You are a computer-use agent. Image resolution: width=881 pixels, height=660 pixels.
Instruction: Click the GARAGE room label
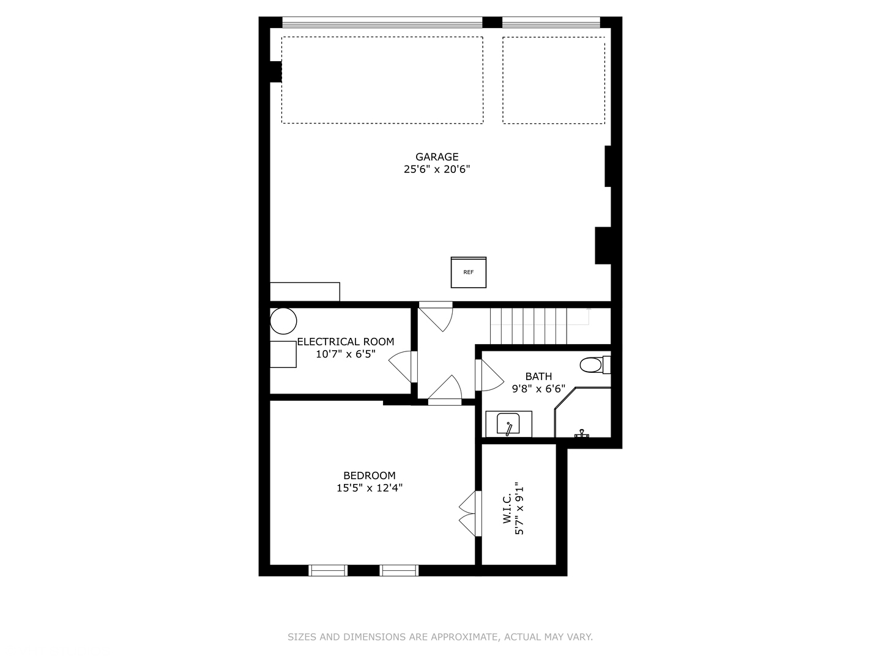click(437, 157)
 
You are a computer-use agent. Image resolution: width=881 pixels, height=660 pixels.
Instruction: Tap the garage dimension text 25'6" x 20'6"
click(437, 169)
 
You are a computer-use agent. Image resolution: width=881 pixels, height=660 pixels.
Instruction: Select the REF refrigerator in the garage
click(469, 272)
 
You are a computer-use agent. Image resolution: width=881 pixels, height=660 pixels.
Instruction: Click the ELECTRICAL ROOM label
click(346, 342)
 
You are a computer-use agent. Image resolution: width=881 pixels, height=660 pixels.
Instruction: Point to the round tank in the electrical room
click(283, 321)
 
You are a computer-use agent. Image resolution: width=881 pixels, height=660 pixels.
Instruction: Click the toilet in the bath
click(592, 365)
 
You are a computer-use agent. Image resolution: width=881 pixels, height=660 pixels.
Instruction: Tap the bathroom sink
click(508, 424)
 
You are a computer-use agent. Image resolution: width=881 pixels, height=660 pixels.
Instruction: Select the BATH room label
click(538, 376)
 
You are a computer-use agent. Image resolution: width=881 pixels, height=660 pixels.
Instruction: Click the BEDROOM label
click(369, 475)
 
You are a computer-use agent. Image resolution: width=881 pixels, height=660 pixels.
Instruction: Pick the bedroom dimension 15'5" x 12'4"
click(369, 488)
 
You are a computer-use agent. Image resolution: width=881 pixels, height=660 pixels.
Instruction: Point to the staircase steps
click(529, 326)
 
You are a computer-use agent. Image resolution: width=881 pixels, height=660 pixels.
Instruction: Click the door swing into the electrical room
click(401, 367)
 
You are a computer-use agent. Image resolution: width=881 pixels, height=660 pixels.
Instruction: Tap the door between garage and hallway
click(436, 317)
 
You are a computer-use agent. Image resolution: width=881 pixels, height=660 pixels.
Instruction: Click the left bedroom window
click(328, 570)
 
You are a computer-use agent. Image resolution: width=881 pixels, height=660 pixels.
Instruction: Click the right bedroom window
click(399, 570)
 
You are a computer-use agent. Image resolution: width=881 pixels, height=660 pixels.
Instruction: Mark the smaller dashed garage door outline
click(554, 80)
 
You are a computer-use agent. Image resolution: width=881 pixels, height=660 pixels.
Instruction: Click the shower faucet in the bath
click(581, 433)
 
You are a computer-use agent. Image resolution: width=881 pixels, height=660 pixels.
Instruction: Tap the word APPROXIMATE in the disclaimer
click(464, 637)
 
